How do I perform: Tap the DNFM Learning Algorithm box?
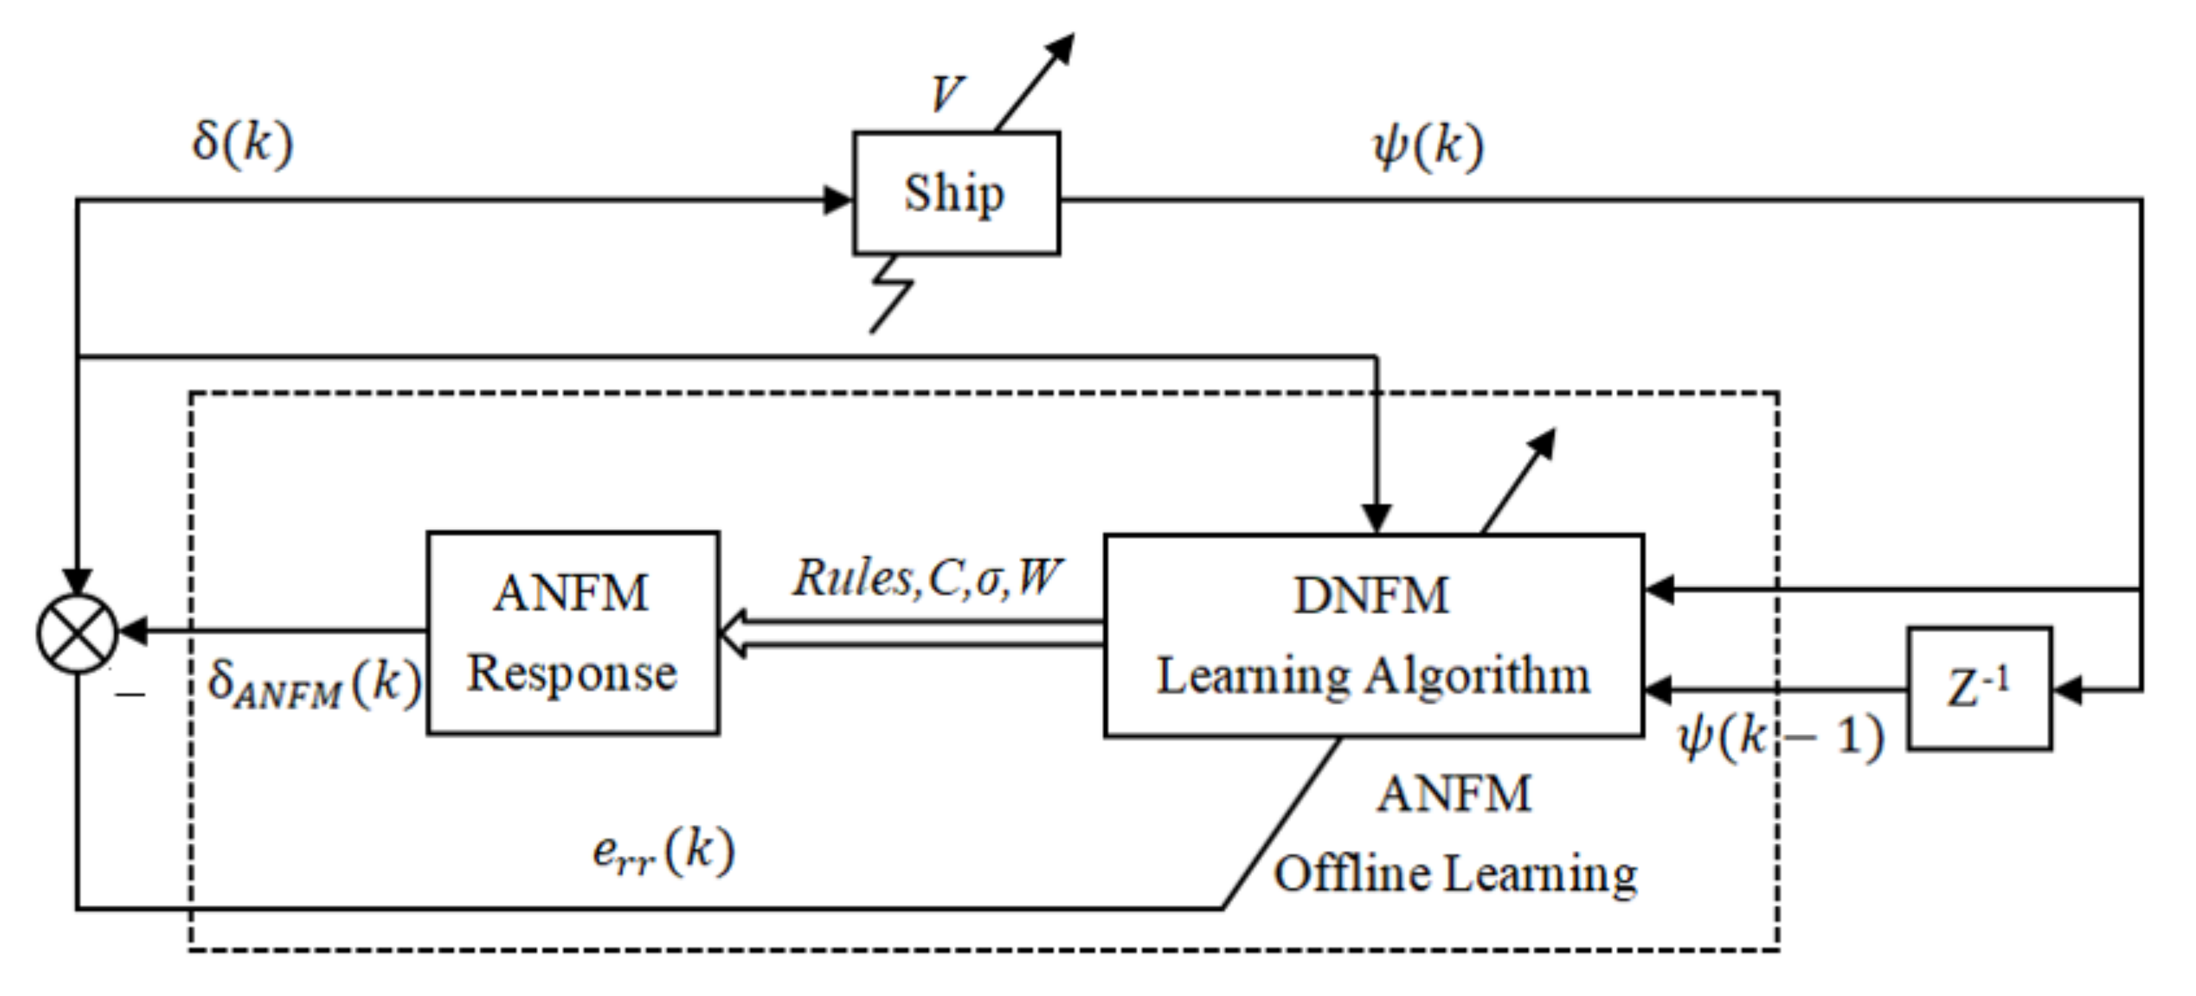(1373, 635)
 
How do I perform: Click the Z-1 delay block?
(1978, 688)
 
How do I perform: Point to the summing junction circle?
(77, 633)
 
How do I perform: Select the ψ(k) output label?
(1428, 147)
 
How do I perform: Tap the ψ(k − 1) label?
(1780, 736)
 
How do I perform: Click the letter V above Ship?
(945, 93)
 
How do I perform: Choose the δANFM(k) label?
(314, 684)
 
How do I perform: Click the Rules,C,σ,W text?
(927, 578)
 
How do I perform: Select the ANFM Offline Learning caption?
(1454, 834)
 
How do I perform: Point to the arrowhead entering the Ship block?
(838, 201)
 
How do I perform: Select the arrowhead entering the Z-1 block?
(2067, 690)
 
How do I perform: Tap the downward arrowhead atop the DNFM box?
(1376, 518)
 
